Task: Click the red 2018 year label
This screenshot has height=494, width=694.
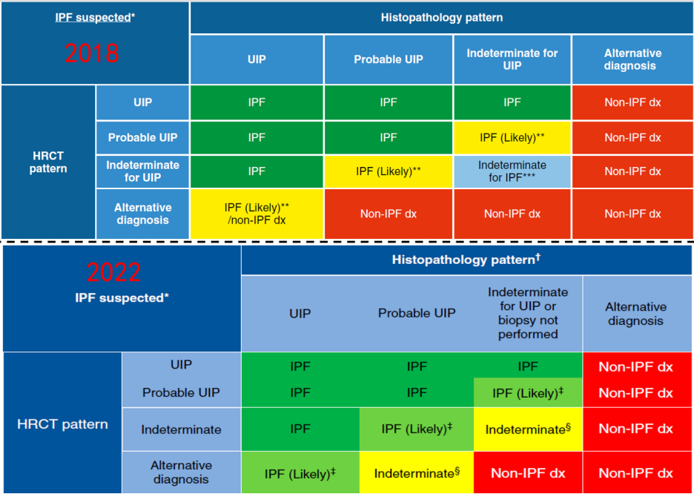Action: pyautogui.click(x=91, y=53)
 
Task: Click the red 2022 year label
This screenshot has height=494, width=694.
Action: pyautogui.click(x=113, y=271)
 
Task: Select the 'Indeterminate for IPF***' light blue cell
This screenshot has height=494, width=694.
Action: pyautogui.click(x=512, y=171)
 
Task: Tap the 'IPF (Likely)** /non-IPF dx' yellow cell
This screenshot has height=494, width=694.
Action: pyautogui.click(x=257, y=214)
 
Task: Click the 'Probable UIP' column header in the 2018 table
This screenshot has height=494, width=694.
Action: pyautogui.click(x=388, y=59)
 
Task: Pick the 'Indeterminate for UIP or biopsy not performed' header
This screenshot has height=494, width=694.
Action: pyautogui.click(x=527, y=313)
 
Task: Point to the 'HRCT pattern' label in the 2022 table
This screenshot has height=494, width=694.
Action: pyautogui.click(x=62, y=424)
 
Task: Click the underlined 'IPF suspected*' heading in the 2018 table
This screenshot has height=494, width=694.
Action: pyautogui.click(x=95, y=16)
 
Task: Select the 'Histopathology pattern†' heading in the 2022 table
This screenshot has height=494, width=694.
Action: pyautogui.click(x=466, y=260)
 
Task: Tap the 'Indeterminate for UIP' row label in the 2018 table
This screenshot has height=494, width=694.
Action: pyautogui.click(x=142, y=171)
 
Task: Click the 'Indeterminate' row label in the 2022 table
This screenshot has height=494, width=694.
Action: pyautogui.click(x=181, y=429)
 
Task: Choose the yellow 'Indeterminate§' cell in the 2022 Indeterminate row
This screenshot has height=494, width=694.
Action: pyautogui.click(x=528, y=429)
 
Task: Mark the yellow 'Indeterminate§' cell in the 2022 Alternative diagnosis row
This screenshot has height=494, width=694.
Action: pyautogui.click(x=417, y=473)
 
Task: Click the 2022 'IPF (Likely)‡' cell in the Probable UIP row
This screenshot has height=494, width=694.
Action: pyautogui.click(x=528, y=393)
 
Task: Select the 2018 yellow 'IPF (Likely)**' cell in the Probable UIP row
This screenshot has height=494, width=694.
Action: pyautogui.click(x=512, y=137)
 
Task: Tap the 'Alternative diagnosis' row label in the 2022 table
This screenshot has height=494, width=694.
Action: pyautogui.click(x=181, y=472)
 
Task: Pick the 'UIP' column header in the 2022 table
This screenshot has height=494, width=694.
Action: pyautogui.click(x=300, y=313)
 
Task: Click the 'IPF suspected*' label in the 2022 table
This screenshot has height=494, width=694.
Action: pyautogui.click(x=122, y=297)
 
